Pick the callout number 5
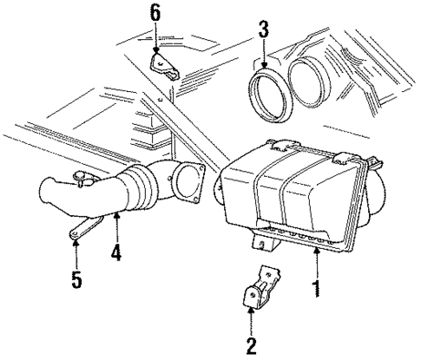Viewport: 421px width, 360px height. pos(76,282)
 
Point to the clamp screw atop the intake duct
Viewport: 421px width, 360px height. pos(83,180)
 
